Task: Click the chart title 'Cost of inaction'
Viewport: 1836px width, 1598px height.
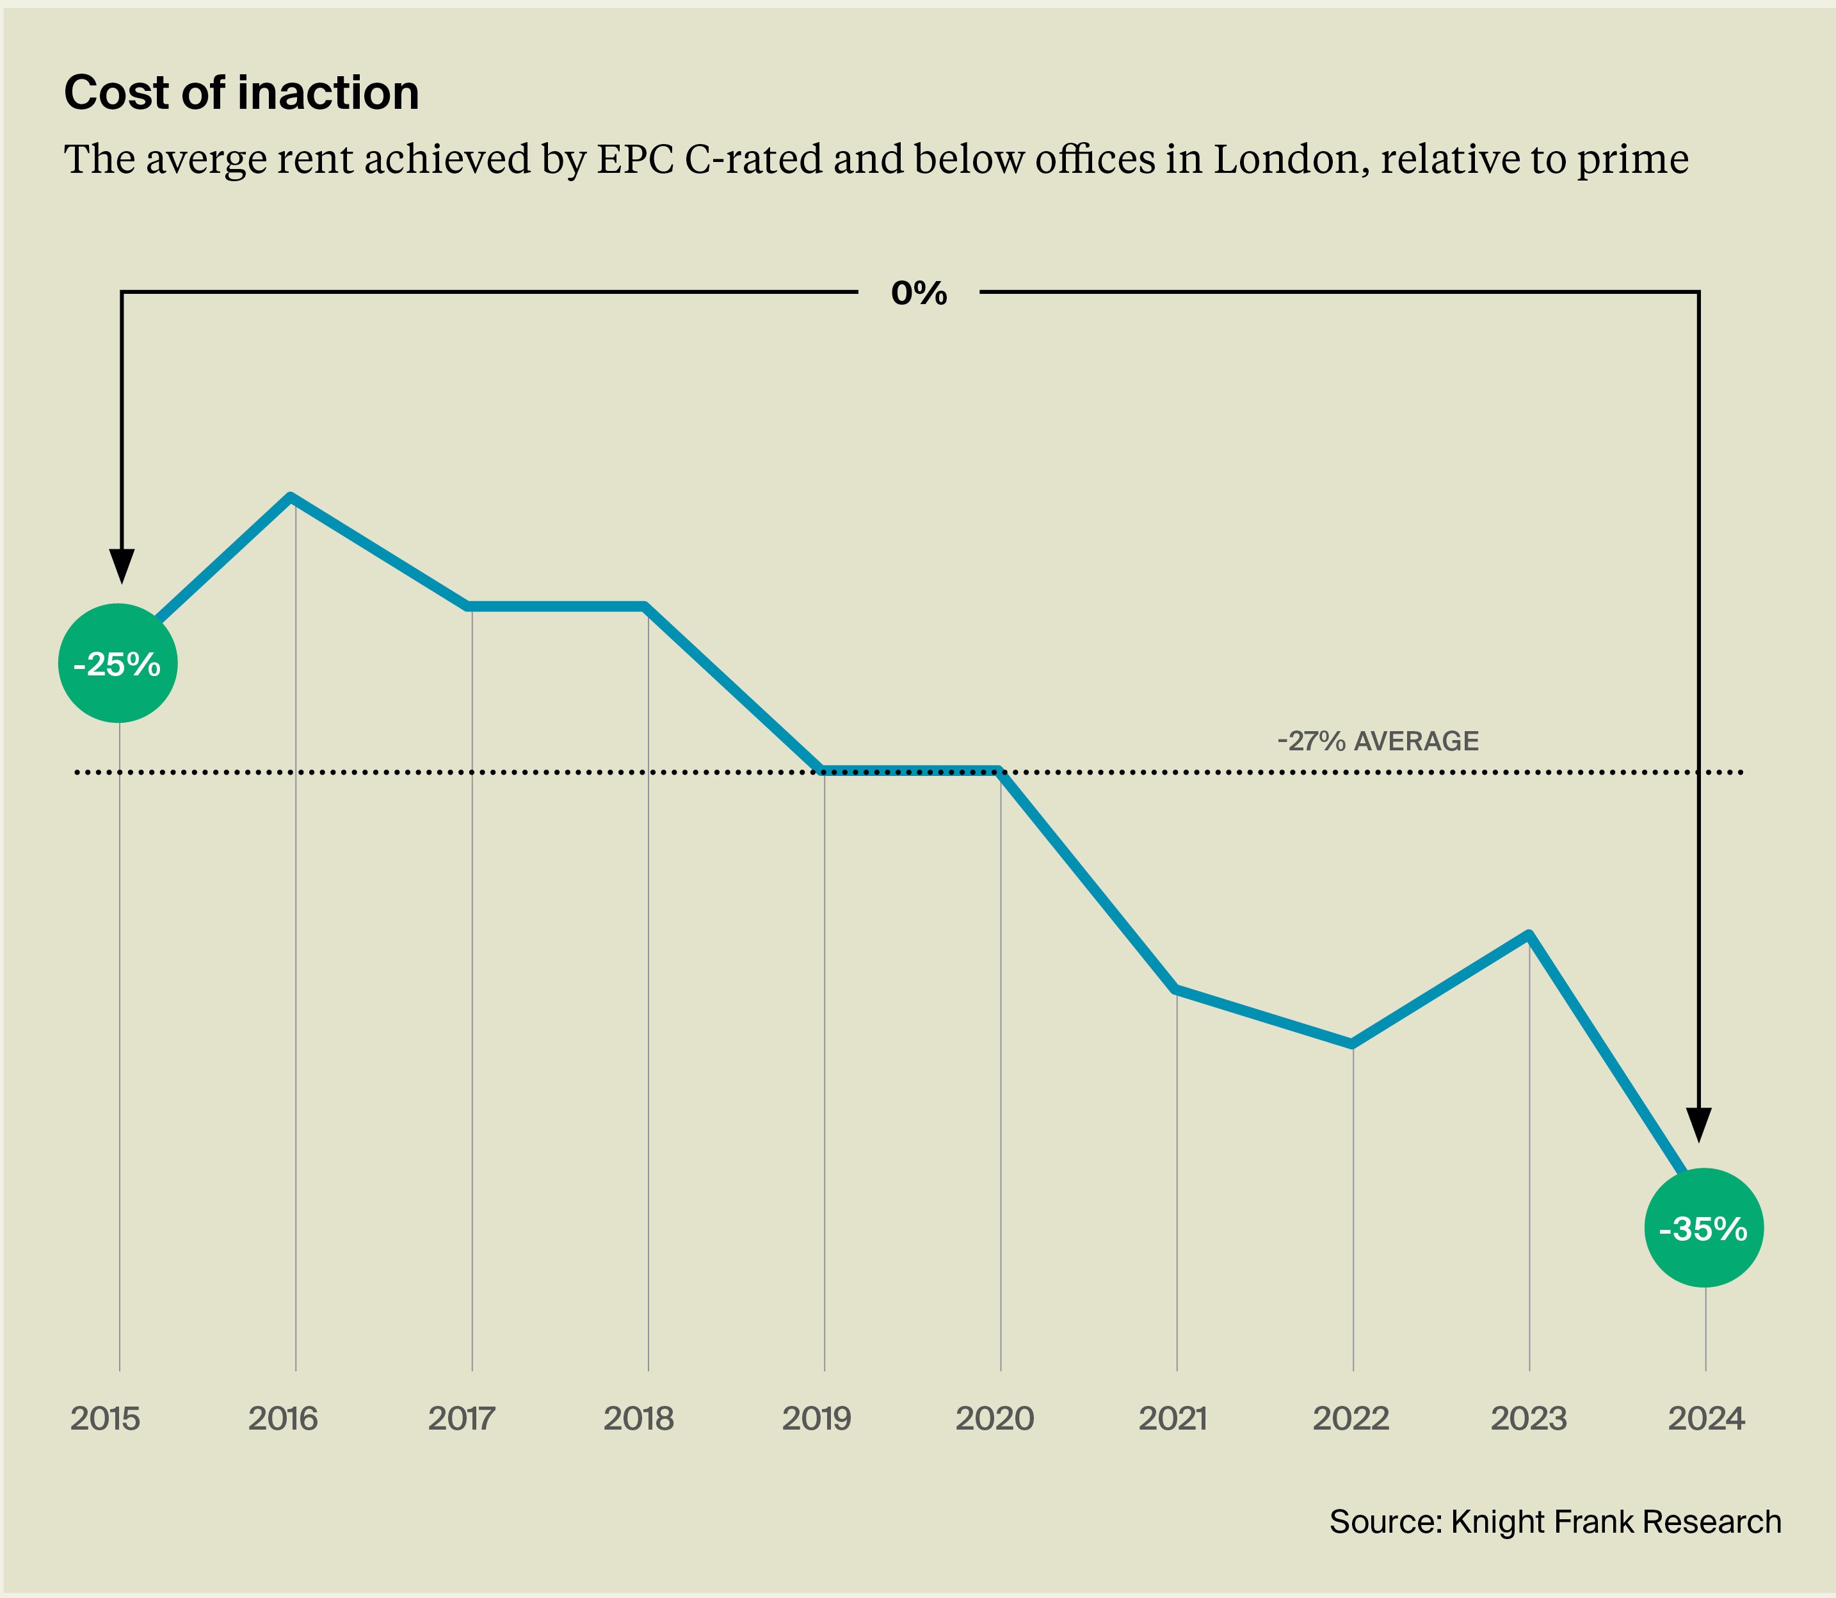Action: [x=241, y=93]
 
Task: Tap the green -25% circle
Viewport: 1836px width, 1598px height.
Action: [x=118, y=663]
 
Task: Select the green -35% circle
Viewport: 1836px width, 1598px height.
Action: [x=1703, y=1228]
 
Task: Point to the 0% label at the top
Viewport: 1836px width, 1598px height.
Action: [x=919, y=293]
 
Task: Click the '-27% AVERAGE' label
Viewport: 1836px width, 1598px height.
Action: [x=1378, y=741]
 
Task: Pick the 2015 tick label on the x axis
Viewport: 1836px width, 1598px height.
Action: [x=105, y=1418]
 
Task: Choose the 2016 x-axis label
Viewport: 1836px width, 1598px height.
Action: [x=283, y=1418]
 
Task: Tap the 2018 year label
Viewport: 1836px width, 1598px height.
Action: [x=638, y=1418]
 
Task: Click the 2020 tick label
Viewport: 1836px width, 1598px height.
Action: [x=994, y=1418]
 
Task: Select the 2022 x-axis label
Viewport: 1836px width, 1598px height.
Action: [x=1351, y=1418]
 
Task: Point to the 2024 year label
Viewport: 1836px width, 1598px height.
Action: [x=1706, y=1418]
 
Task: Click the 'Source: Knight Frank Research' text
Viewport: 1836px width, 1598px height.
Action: [x=1555, y=1521]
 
